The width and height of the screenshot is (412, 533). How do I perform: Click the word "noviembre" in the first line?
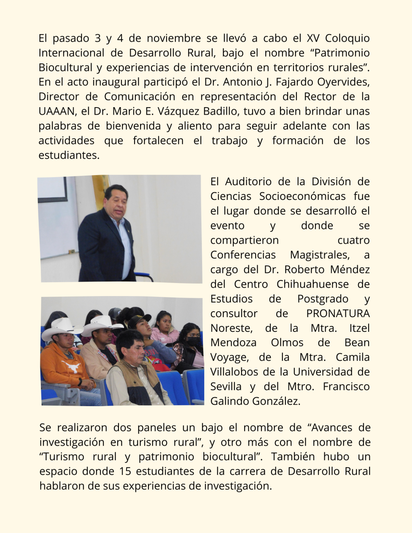pos(174,38)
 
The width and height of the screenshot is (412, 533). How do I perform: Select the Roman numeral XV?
pos(314,38)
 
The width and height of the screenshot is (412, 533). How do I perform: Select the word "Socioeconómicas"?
pos(302,196)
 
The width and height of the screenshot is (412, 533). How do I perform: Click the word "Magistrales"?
pos(320,255)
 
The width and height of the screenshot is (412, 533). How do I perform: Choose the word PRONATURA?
pos(338,313)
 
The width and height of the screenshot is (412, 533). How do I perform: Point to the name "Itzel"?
pos(359,328)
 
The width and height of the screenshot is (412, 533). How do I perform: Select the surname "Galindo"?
pos(230,401)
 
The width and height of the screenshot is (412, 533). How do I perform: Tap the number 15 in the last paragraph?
pos(125,471)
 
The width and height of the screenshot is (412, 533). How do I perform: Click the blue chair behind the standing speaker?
pos(144,276)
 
